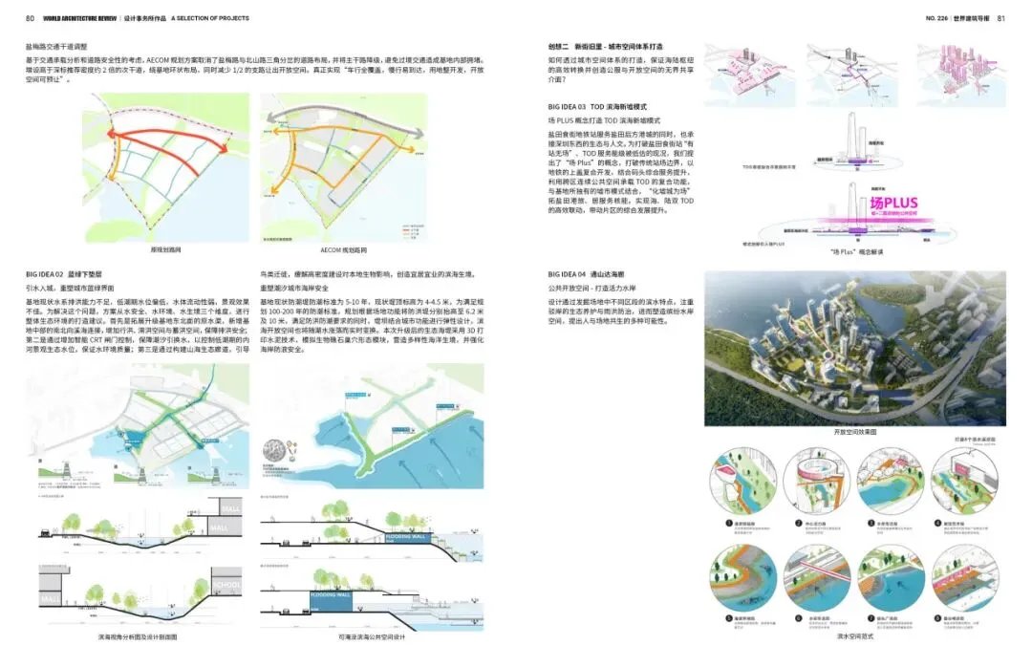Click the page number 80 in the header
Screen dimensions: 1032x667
coord(31,18)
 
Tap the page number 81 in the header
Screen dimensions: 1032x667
coord(1001,18)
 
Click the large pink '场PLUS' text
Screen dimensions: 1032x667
coord(893,203)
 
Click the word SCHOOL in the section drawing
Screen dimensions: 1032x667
coord(230,585)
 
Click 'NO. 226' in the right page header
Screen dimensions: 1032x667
coord(940,18)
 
